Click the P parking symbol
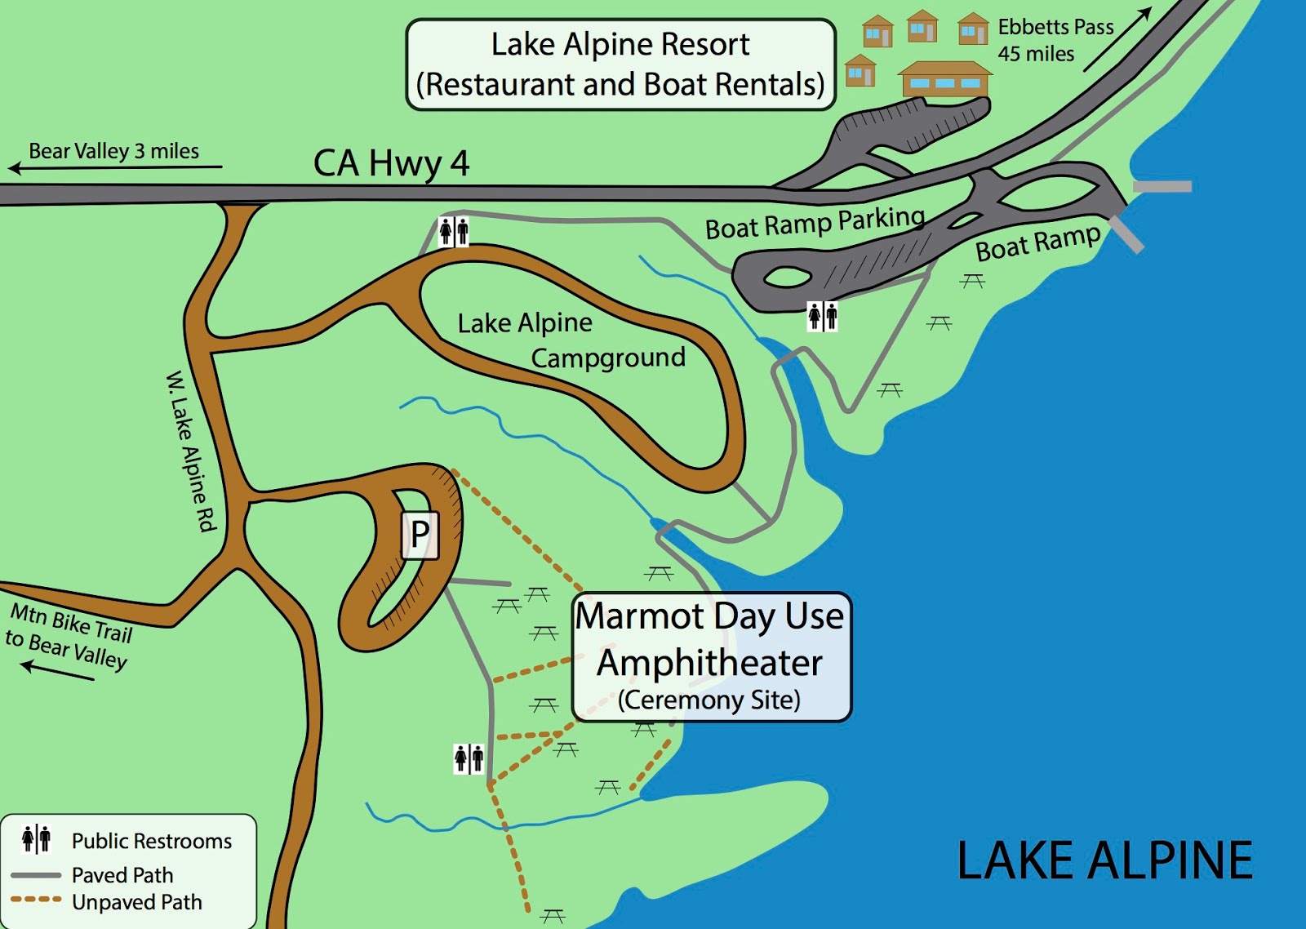tap(420, 536)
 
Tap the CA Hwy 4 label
tap(391, 163)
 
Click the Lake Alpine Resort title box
tap(620, 64)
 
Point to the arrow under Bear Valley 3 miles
tap(114, 168)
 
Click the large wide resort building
tap(945, 79)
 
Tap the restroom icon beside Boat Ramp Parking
tap(823, 316)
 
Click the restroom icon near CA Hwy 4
tap(454, 232)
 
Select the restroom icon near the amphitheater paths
tap(469, 758)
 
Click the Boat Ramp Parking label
tap(815, 223)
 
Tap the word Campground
tap(608, 358)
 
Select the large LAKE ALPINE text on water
tap(1104, 860)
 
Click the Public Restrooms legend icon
tap(37, 838)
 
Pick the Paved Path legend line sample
tap(36, 875)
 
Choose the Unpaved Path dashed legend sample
tap(36, 900)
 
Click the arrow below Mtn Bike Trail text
tap(57, 671)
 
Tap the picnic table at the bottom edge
tap(553, 915)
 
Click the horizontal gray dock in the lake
tap(1162, 187)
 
